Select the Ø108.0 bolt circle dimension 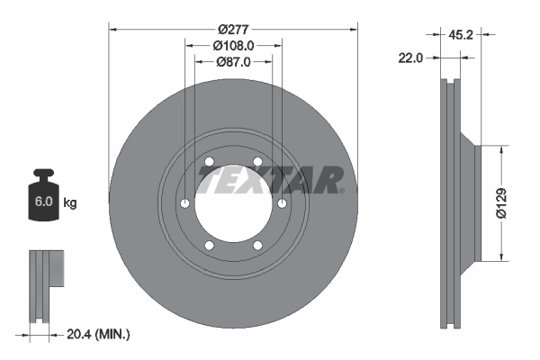click(x=233, y=43)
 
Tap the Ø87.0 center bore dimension click(x=233, y=61)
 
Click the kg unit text click(x=69, y=203)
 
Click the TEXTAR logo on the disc click(x=269, y=180)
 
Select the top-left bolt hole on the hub click(x=209, y=162)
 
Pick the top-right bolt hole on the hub click(x=257, y=162)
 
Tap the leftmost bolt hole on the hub click(x=184, y=203)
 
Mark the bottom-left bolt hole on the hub click(x=209, y=246)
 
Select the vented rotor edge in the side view click(x=451, y=202)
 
